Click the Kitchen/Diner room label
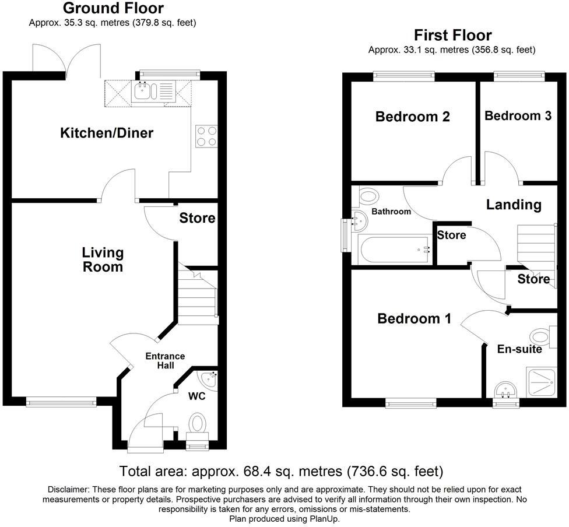tap(107, 133)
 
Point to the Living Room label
tap(103, 260)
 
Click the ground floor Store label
tap(197, 219)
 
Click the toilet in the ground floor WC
tap(198, 423)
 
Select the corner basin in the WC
tap(208, 379)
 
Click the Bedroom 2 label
tap(412, 117)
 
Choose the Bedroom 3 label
tap(518, 115)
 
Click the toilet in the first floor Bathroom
tap(368, 196)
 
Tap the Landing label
tap(514, 205)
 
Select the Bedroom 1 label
tap(414, 319)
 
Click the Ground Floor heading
tap(113, 8)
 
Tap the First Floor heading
tap(452, 35)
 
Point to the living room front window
tap(61, 401)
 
